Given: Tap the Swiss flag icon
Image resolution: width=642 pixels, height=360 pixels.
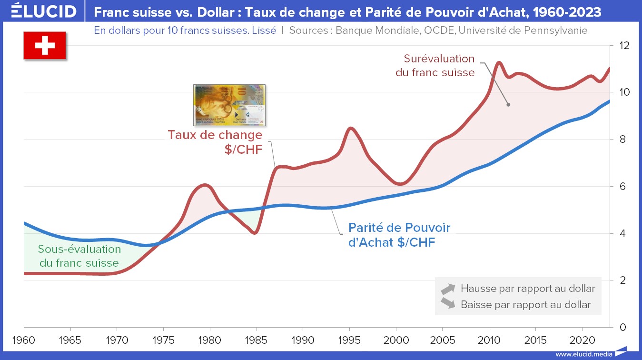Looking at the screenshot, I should click(x=45, y=46).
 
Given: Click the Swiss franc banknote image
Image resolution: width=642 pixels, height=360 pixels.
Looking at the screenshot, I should click(x=229, y=105).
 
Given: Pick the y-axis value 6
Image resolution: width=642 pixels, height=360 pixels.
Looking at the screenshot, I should click(x=621, y=186).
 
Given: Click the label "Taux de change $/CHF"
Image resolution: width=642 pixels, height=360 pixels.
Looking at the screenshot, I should click(x=215, y=141).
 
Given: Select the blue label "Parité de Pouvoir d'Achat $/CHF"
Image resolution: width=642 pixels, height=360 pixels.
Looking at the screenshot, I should click(x=399, y=235).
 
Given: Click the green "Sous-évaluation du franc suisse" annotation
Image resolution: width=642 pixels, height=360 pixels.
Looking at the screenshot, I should click(x=79, y=256).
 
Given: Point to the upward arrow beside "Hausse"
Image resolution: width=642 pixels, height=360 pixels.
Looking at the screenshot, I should click(x=448, y=289).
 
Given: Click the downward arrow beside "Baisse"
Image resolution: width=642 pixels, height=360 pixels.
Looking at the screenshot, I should click(x=448, y=304).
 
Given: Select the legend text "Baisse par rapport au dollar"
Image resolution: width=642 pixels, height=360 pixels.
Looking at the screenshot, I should click(x=526, y=304).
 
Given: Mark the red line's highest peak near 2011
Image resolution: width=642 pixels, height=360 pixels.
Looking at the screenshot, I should click(x=499, y=62).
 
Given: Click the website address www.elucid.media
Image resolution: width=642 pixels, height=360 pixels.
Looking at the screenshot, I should click(x=583, y=354).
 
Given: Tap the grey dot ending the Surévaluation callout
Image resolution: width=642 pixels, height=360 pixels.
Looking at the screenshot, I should click(x=508, y=105).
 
